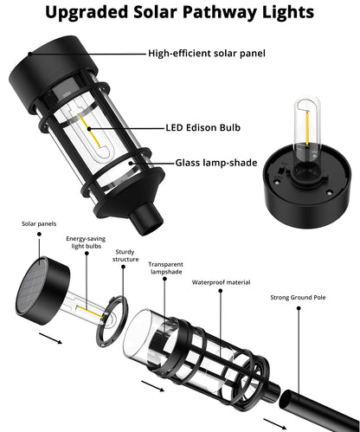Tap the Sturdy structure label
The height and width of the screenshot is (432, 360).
coord(125,253)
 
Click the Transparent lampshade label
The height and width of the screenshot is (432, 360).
coord(165,269)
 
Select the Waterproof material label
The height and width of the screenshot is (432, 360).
coord(221,281)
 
